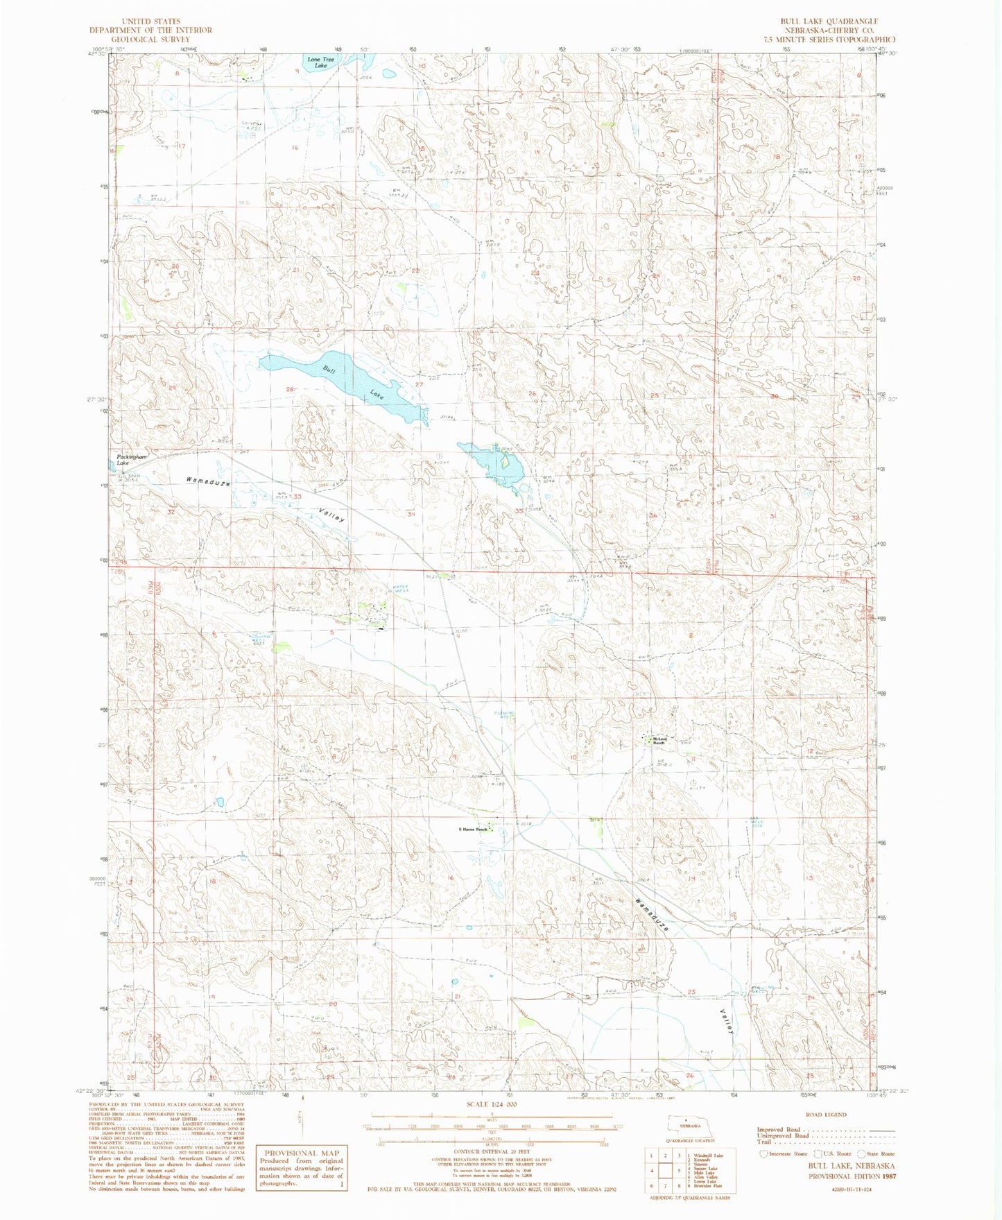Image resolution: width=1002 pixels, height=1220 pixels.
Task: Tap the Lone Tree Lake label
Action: click(x=317, y=62)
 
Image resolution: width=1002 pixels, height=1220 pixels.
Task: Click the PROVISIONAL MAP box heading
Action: click(x=300, y=1153)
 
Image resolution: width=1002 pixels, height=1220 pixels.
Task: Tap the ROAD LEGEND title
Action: click(x=827, y=1115)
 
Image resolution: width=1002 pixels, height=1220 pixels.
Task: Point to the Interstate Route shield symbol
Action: click(x=764, y=1154)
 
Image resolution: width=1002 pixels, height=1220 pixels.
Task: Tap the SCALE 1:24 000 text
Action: click(x=489, y=1103)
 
